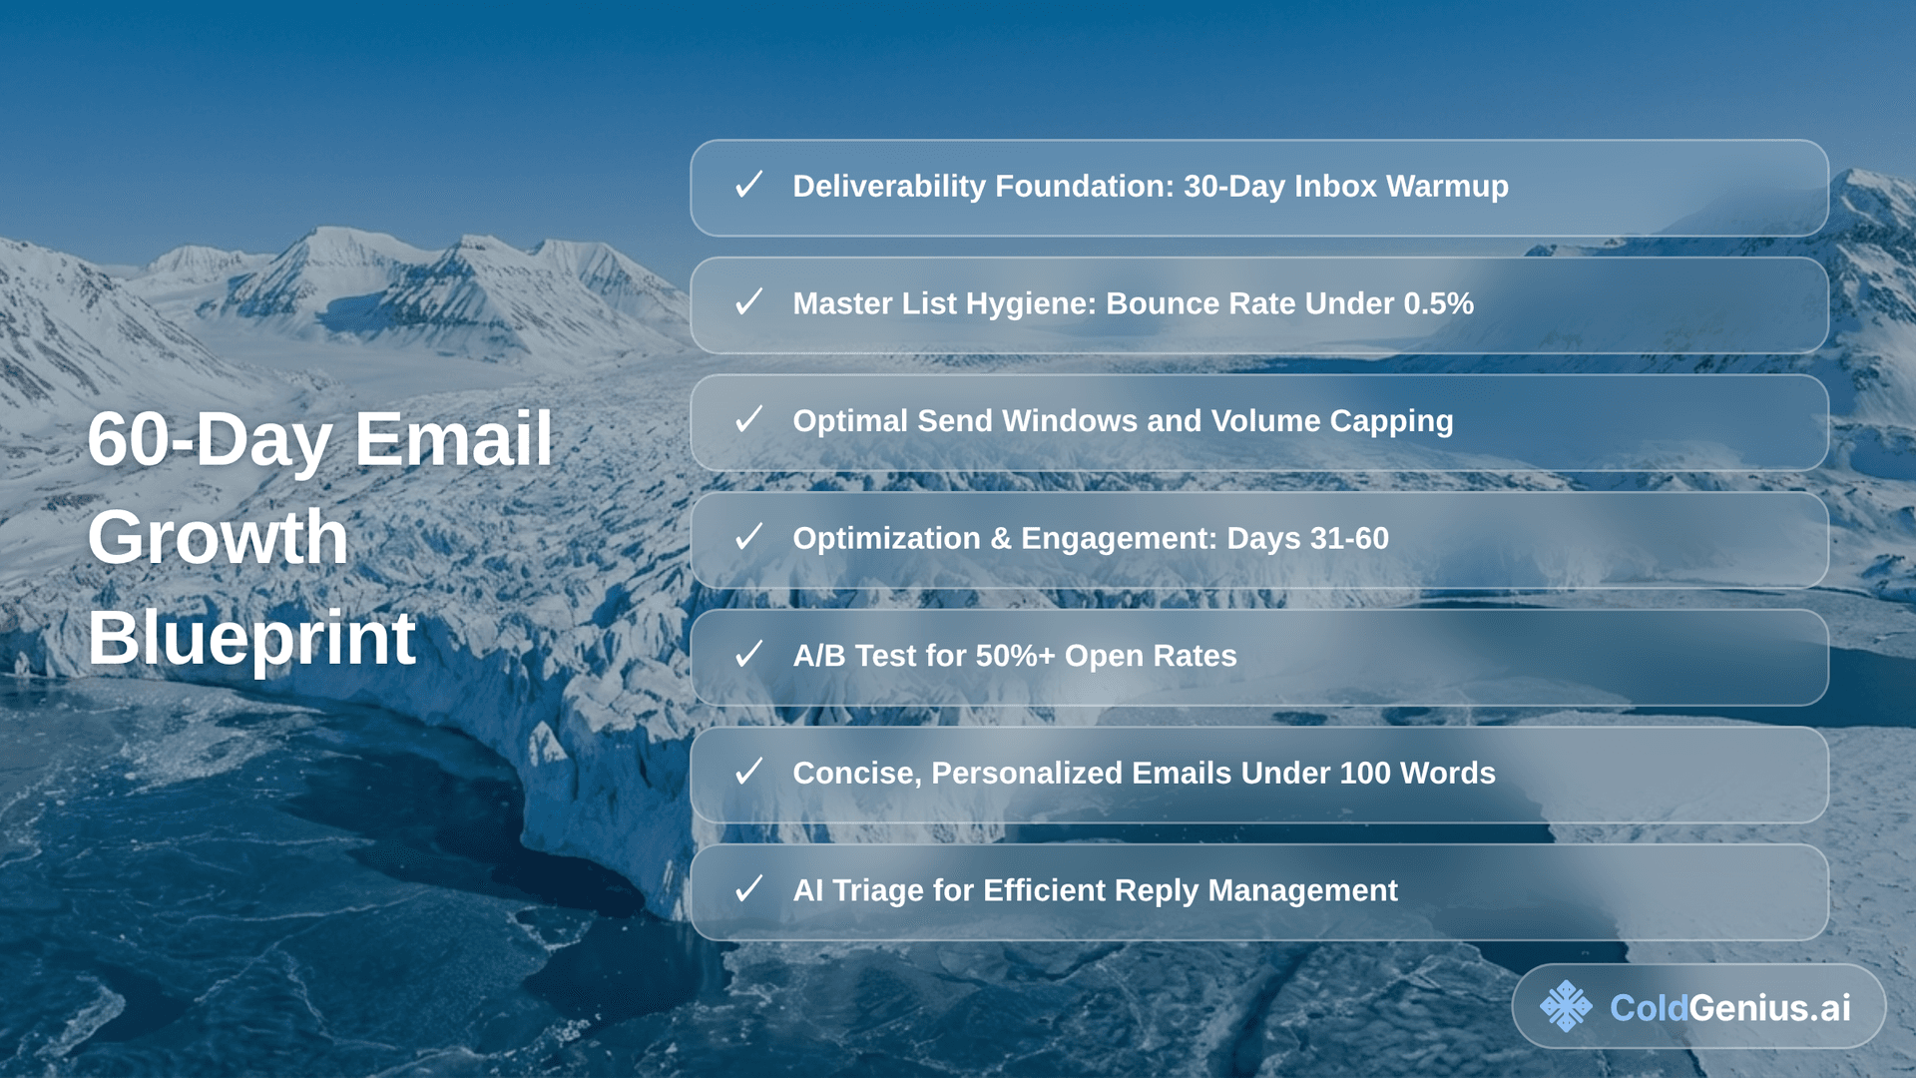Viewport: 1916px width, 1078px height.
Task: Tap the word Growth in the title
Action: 218,537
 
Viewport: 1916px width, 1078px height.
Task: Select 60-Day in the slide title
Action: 210,441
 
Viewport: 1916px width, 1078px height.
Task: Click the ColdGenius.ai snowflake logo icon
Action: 1566,1006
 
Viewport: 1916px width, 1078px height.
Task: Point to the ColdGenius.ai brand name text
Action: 1730,1008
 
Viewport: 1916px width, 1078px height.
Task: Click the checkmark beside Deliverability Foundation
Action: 748,185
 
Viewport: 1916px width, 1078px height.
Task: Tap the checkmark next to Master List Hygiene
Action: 748,301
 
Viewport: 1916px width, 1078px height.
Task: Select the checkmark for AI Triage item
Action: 748,888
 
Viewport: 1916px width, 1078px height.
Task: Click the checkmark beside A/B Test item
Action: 748,654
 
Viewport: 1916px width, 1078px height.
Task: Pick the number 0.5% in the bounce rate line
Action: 1438,303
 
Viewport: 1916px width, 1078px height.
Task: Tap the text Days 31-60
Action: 1307,539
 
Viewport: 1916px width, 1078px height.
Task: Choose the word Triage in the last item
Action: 877,891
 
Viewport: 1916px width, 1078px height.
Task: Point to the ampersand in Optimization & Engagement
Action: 1001,539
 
